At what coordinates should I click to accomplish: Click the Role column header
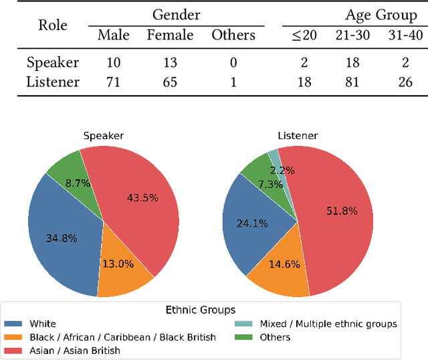[x=53, y=25]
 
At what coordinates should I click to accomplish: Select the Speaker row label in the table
[x=53, y=63]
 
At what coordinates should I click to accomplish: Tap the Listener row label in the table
[x=53, y=82]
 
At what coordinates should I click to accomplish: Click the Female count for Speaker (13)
[x=170, y=63]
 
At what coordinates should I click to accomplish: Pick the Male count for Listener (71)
[x=113, y=82]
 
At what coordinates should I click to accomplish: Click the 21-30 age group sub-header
[x=351, y=35]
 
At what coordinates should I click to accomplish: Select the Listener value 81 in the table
[x=351, y=82]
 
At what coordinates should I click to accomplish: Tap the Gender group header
[x=176, y=14]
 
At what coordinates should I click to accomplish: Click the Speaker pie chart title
[x=103, y=136]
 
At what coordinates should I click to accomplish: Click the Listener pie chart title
[x=297, y=136]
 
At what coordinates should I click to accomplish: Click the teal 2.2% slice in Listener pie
[x=274, y=158]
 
